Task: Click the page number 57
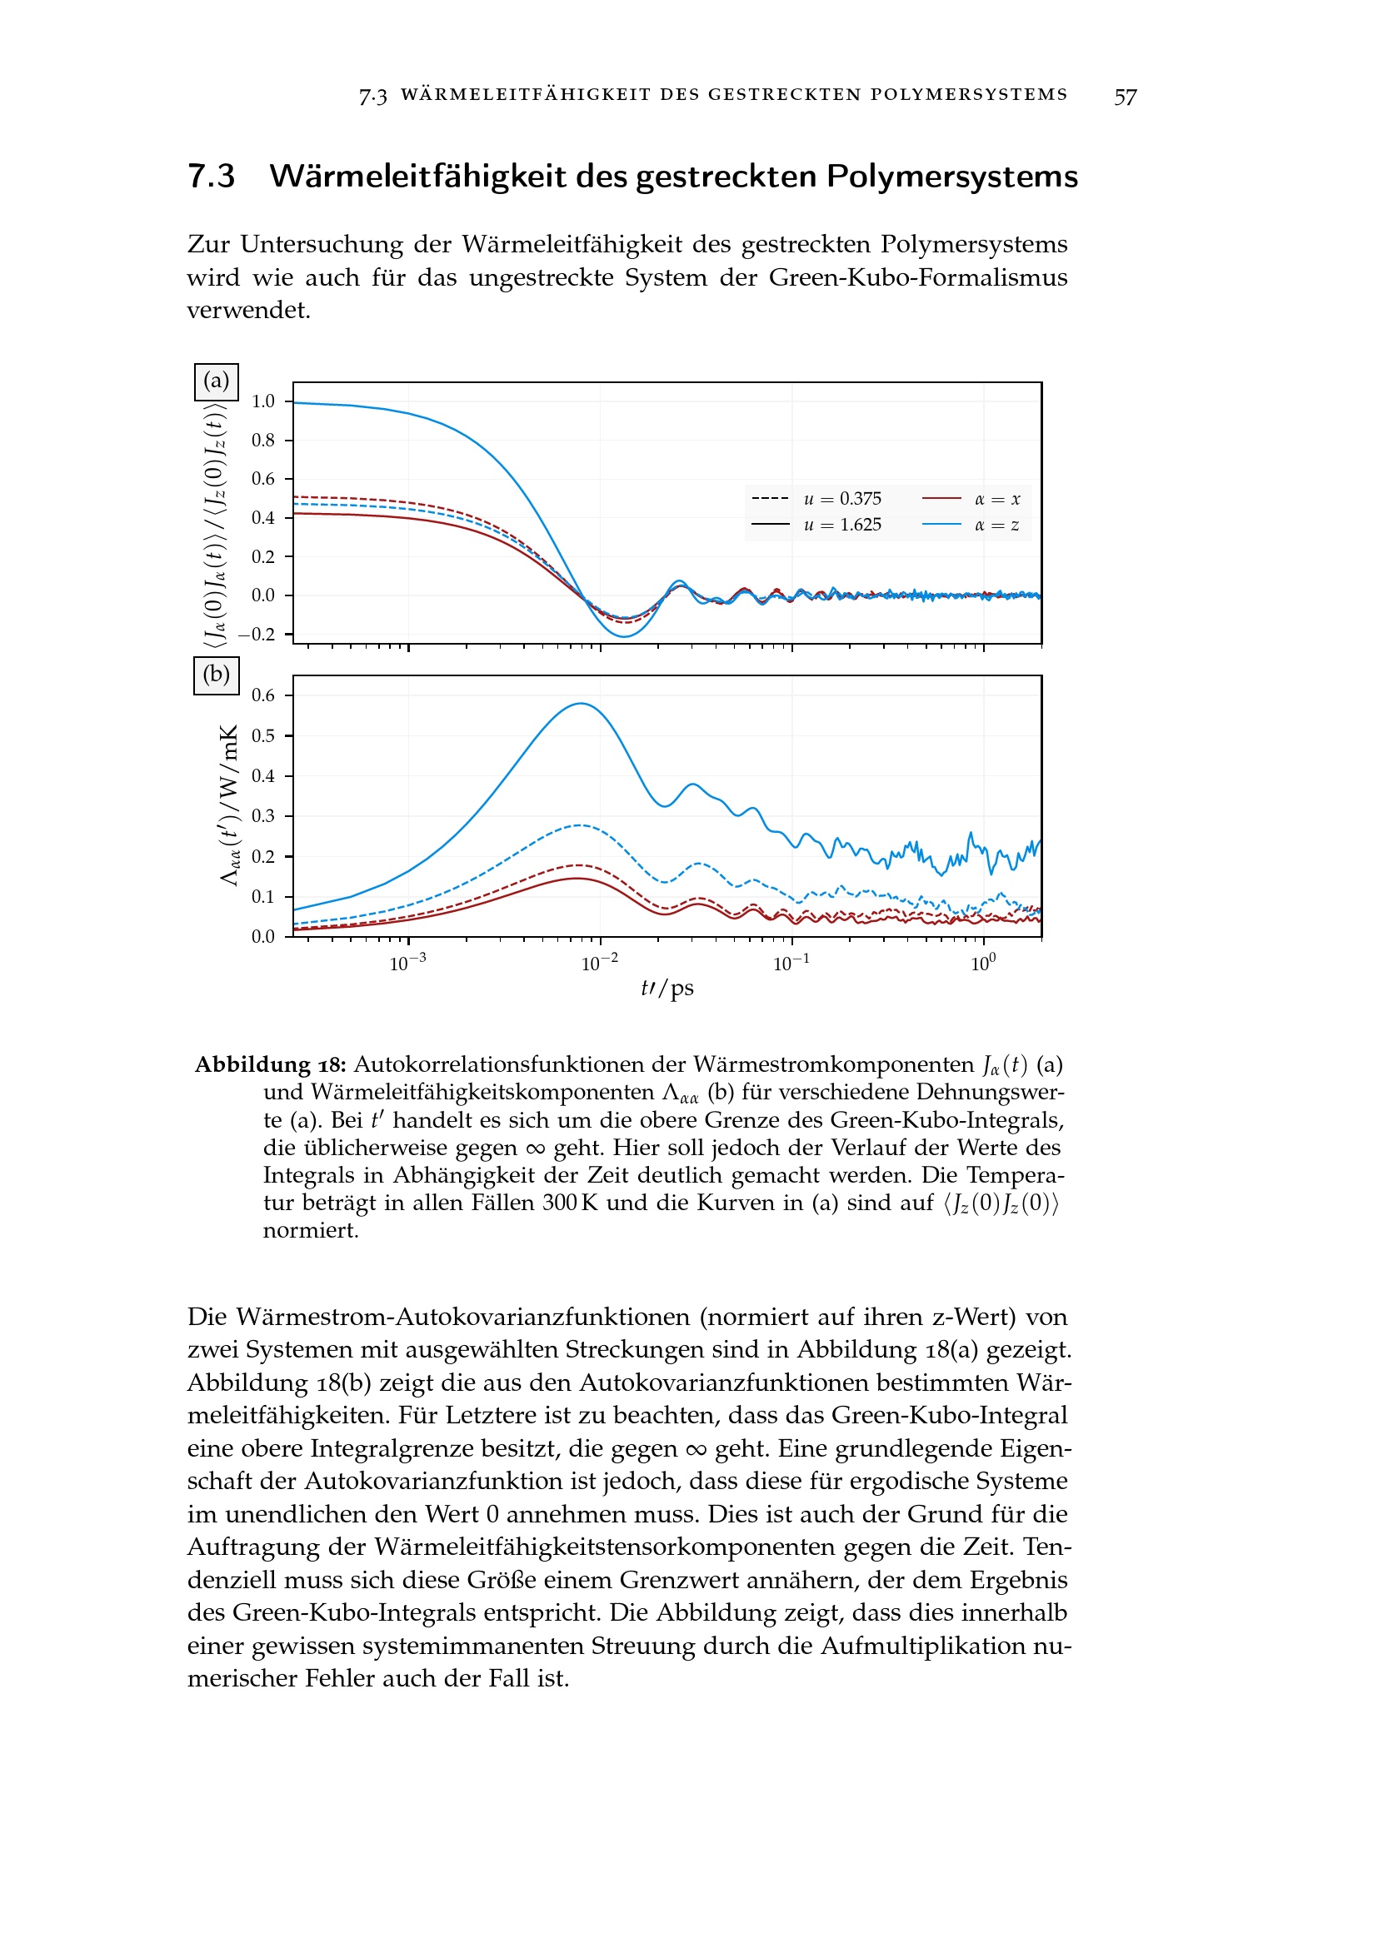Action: [x=1125, y=97]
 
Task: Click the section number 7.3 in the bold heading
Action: [x=211, y=177]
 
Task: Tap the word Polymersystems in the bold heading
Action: [x=951, y=177]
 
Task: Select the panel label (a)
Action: [x=217, y=381]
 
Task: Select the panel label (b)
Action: [x=217, y=675]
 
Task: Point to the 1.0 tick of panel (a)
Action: [x=263, y=401]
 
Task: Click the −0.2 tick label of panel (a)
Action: [x=257, y=635]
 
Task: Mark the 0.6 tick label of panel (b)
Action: [x=263, y=695]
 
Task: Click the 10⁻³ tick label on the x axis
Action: [x=407, y=963]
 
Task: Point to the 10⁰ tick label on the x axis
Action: [x=983, y=963]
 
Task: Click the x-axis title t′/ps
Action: [x=667, y=989]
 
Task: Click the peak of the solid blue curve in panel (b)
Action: [x=582, y=704]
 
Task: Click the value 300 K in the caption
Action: [x=570, y=1203]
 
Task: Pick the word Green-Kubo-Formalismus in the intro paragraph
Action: [x=918, y=277]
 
